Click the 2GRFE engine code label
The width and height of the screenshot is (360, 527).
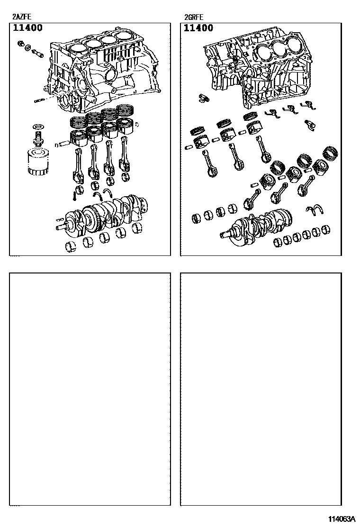point(194,18)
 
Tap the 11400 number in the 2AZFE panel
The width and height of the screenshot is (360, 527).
point(27,28)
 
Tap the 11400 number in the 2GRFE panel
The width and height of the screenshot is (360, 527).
point(198,28)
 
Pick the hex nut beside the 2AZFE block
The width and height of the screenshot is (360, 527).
point(21,45)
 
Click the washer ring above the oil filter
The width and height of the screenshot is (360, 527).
point(37,127)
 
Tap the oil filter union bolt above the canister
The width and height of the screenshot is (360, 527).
point(37,139)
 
